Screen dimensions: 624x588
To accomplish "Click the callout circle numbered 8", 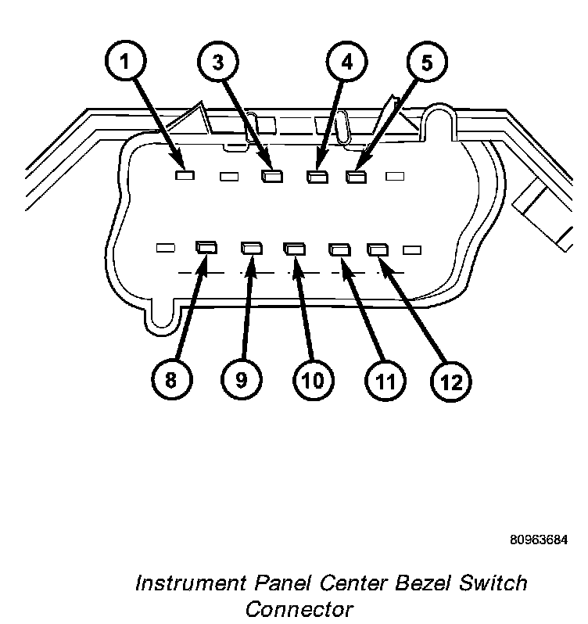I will (170, 381).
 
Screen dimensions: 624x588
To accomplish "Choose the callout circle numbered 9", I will (242, 381).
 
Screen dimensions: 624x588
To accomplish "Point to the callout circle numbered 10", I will (311, 381).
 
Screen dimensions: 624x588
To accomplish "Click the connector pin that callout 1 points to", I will (185, 175).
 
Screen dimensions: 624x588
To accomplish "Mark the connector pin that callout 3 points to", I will (271, 177).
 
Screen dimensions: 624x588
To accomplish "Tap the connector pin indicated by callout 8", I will (207, 249).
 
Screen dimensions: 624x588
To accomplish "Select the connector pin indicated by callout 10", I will (292, 249).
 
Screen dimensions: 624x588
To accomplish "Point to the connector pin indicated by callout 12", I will (378, 249).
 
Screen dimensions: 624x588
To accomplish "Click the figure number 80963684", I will (539, 540).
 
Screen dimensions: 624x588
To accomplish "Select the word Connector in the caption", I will (299, 609).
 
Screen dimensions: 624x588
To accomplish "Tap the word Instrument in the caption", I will (191, 583).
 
